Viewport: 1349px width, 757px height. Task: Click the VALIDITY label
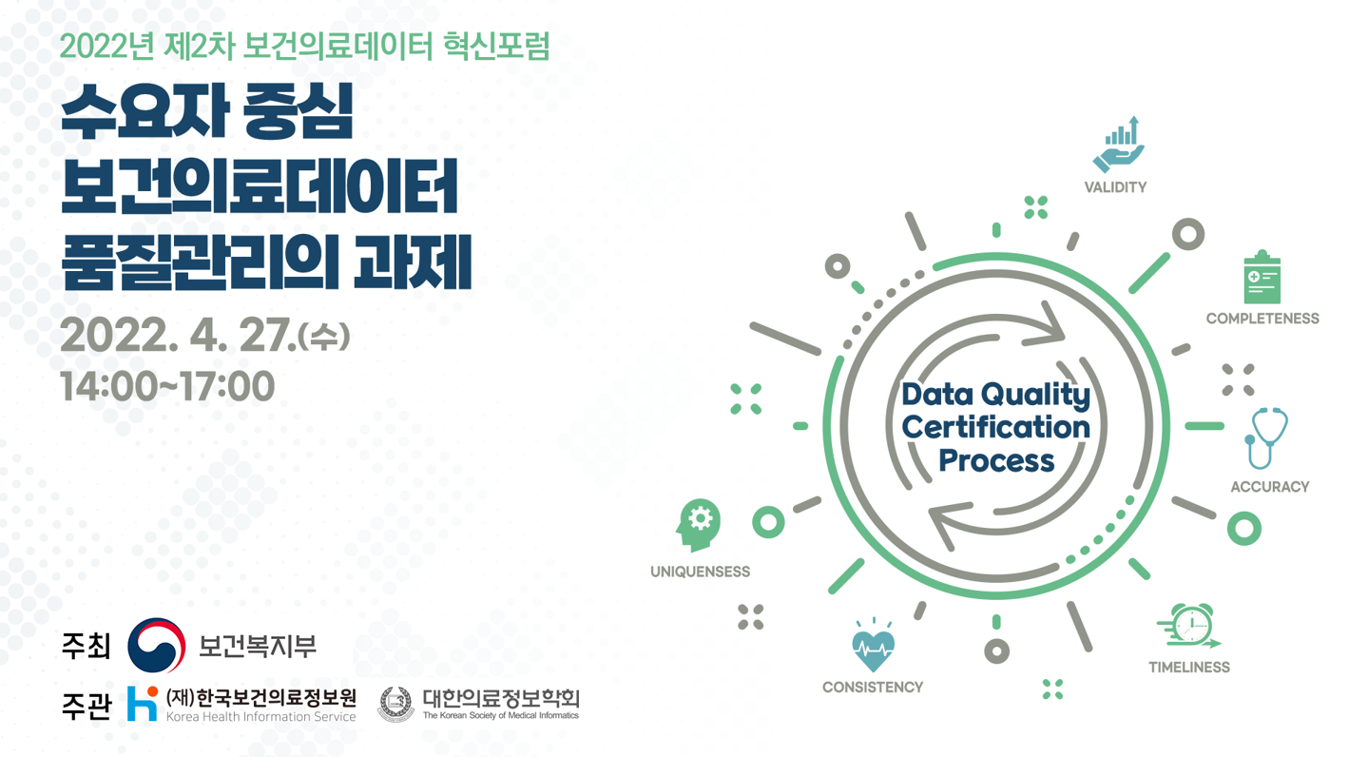[x=1115, y=187]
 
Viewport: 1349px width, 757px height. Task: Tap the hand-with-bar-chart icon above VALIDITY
[x=1118, y=145]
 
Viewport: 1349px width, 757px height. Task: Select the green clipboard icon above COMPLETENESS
[x=1262, y=278]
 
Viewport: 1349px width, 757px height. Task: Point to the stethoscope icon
[x=1265, y=438]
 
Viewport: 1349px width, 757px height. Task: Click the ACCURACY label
[x=1269, y=487]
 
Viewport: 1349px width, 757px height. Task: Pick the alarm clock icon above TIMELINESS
[x=1188, y=627]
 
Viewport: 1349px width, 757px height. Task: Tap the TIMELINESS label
[x=1188, y=668]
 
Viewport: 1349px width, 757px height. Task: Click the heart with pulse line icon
[x=872, y=648]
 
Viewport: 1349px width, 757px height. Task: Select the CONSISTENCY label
[x=872, y=687]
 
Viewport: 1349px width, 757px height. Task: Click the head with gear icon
[x=699, y=524]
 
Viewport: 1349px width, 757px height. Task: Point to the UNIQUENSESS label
[x=700, y=572]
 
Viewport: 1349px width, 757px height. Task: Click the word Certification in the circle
[x=995, y=427]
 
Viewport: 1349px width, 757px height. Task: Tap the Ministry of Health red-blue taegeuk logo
[x=157, y=645]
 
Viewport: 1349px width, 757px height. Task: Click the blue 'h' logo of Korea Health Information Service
[x=143, y=704]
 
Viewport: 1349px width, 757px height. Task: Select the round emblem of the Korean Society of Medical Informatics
[x=395, y=705]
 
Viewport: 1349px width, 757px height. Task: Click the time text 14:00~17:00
[x=167, y=387]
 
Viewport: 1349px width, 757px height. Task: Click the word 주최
[x=86, y=647]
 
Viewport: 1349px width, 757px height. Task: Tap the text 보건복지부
[x=257, y=647]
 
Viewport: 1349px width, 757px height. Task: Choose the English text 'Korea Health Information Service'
[x=260, y=717]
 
